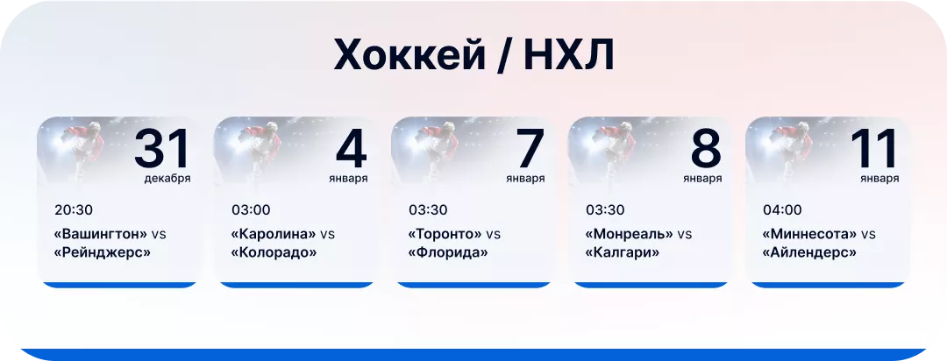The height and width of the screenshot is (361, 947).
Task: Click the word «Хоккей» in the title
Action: [x=409, y=56]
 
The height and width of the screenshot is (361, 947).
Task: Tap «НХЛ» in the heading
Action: [x=569, y=56]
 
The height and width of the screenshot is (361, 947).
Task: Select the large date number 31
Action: [x=162, y=149]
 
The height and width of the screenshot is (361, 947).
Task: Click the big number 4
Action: [x=351, y=149]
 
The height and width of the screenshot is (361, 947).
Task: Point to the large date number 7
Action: [x=529, y=149]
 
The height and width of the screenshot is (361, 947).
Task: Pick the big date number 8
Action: [x=705, y=149]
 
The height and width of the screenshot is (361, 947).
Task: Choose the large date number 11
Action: [x=874, y=149]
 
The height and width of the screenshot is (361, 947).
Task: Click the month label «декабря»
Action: [x=167, y=179]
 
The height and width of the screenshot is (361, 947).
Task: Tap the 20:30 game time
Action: [x=74, y=210]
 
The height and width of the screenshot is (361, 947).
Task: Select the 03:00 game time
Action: [x=251, y=210]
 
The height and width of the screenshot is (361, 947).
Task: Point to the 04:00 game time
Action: [x=782, y=210]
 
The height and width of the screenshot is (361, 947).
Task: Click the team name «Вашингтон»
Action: [x=101, y=234]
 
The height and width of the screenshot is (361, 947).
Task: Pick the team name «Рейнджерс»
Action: [x=102, y=252]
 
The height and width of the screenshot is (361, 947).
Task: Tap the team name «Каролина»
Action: [x=274, y=234]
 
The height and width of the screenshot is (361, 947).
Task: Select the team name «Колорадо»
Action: [x=274, y=252]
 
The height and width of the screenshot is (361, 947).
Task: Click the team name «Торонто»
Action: [x=445, y=234]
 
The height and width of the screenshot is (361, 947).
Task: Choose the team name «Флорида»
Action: [x=447, y=252]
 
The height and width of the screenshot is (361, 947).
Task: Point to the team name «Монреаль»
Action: [x=629, y=234]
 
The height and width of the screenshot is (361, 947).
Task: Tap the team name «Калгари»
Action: [x=622, y=252]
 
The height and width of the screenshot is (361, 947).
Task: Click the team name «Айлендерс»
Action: [x=809, y=252]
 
